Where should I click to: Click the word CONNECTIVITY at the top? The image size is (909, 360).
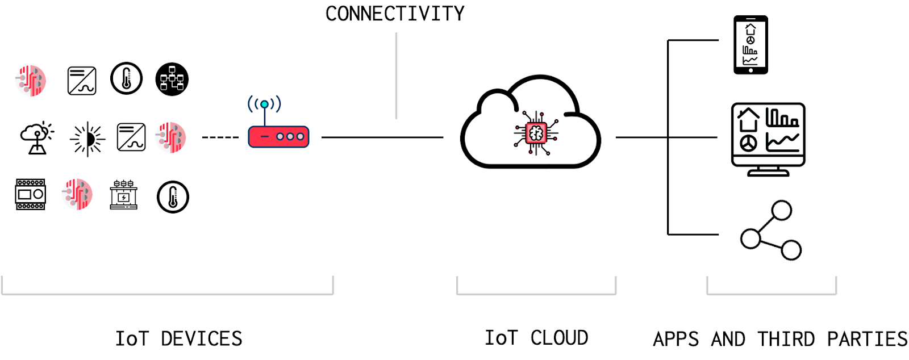tap(395, 14)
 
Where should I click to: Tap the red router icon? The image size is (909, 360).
tap(278, 137)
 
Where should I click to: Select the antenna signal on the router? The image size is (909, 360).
tap(264, 104)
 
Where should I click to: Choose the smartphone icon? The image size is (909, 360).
tap(750, 45)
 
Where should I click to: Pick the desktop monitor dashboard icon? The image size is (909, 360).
tap(768, 139)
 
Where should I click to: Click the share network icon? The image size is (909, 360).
tap(771, 230)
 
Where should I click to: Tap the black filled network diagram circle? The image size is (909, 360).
tap(172, 79)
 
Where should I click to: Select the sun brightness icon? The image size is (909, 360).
tap(87, 139)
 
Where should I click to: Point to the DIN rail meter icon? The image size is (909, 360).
tap(30, 195)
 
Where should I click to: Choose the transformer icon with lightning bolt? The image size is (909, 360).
tap(123, 195)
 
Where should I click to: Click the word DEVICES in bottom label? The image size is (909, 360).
tap(202, 339)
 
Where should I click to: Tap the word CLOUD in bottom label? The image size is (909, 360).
tap(559, 338)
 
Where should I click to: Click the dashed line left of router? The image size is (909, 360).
tap(220, 137)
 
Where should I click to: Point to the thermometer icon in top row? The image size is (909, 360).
tap(126, 78)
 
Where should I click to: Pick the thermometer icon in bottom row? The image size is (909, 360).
tap(173, 197)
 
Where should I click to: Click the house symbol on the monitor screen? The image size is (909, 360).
tap(748, 120)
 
